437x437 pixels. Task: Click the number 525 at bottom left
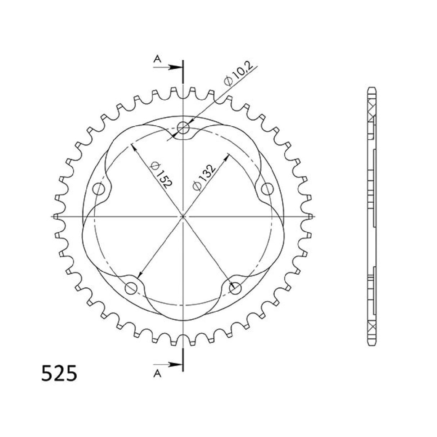coord(59,374)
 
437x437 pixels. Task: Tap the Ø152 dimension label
coord(161,175)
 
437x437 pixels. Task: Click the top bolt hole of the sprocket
coord(183,127)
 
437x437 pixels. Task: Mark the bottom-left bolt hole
coord(131,287)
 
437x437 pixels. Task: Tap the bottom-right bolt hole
coord(235,287)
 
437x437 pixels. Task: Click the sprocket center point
coord(183,216)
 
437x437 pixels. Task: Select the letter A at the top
coord(157,59)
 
